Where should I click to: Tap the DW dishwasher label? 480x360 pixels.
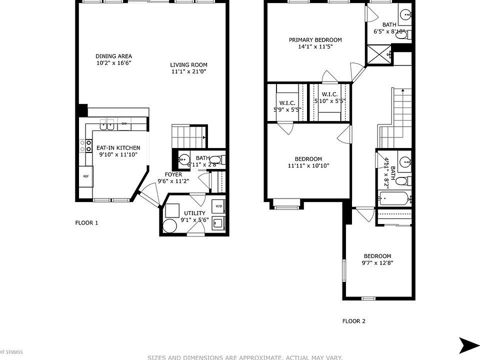pyautogui.click(x=124, y=123)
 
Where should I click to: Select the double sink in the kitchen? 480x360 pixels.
pyautogui.click(x=107, y=123)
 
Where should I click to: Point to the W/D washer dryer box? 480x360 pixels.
pyautogui.click(x=218, y=206)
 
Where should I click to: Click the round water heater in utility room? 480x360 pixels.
pyautogui.click(x=170, y=226)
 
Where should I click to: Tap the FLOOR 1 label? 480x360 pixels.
pyautogui.click(x=86, y=223)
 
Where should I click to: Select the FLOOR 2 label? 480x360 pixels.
pyautogui.click(x=353, y=321)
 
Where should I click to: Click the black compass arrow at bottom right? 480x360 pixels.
pyautogui.click(x=469, y=345)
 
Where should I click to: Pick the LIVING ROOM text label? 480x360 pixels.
pyautogui.click(x=188, y=65)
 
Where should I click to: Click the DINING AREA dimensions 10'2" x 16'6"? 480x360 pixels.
pyautogui.click(x=113, y=63)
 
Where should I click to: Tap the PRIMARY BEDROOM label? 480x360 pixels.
pyautogui.click(x=315, y=40)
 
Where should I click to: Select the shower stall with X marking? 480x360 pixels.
pyautogui.click(x=378, y=54)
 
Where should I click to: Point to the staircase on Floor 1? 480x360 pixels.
pyautogui.click(x=189, y=134)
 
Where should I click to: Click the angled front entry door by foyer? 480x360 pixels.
pyautogui.click(x=147, y=196)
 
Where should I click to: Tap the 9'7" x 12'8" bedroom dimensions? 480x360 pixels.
pyautogui.click(x=377, y=263)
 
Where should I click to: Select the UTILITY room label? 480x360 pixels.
pyautogui.click(x=194, y=213)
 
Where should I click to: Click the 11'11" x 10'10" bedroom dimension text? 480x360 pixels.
pyautogui.click(x=308, y=166)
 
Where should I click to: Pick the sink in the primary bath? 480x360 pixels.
pyautogui.click(x=406, y=14)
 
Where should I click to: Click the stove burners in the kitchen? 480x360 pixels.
pyautogui.click(x=83, y=146)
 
